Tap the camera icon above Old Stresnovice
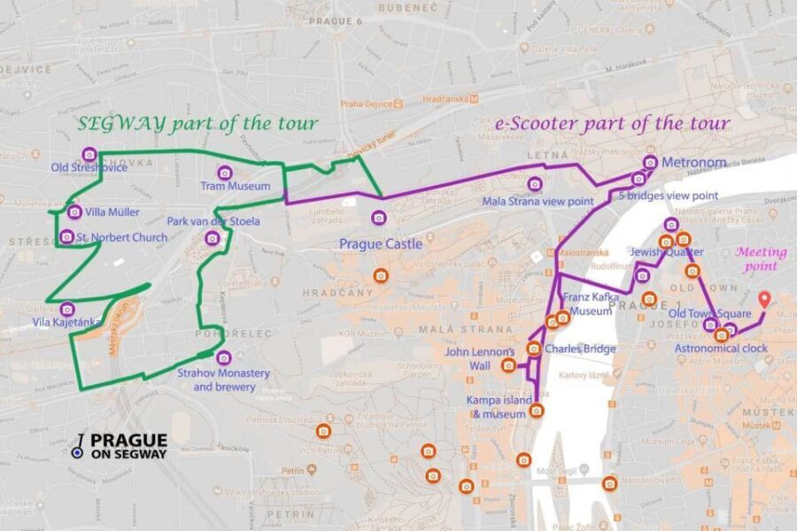(89, 154)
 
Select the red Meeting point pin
(766, 299)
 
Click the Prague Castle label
(380, 243)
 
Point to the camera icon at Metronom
(650, 162)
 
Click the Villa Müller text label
(112, 212)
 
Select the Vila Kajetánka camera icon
(66, 309)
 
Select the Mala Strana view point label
(538, 202)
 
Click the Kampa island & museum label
(500, 407)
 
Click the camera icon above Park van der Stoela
(212, 237)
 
